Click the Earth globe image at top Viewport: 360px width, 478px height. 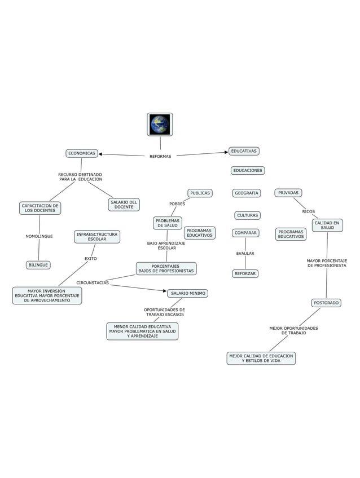pyautogui.click(x=160, y=125)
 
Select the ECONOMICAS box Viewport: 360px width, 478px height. pyautogui.click(x=82, y=153)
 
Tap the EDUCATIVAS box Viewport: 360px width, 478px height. pyautogui.click(x=244, y=151)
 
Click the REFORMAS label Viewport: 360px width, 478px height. pyautogui.click(x=160, y=156)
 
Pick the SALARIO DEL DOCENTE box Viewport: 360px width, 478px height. pyautogui.click(x=124, y=205)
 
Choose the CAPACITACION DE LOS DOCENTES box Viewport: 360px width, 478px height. pyautogui.click(x=40, y=208)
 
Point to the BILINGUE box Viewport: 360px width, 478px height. pyautogui.click(x=38, y=265)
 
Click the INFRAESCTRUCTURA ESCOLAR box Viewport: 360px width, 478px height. pyautogui.click(x=97, y=237)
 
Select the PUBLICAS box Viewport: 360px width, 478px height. pyautogui.click(x=200, y=193)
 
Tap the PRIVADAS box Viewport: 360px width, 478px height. pyautogui.click(x=288, y=193)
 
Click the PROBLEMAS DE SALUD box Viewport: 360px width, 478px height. pyautogui.click(x=167, y=223)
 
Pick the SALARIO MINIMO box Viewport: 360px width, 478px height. pyautogui.click(x=188, y=293)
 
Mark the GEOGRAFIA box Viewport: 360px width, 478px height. pyautogui.click(x=247, y=193)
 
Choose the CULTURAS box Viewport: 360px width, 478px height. pyautogui.click(x=247, y=215)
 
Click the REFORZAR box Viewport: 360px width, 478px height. pyautogui.click(x=245, y=274)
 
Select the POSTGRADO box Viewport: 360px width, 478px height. pyautogui.click(x=326, y=303)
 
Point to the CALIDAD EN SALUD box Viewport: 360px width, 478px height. pyautogui.click(x=327, y=225)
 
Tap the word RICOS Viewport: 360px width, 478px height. pyautogui.click(x=309, y=211)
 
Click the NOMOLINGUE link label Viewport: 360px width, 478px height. pyautogui.click(x=39, y=237)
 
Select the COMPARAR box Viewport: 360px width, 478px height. pyautogui.click(x=245, y=233)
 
